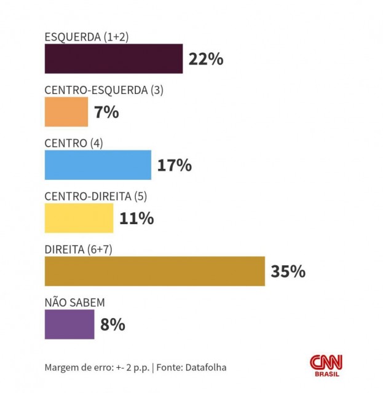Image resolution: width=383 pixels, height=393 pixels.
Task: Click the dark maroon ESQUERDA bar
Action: pyautogui.click(x=114, y=59)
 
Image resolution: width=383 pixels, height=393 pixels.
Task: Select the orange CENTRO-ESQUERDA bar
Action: pyautogui.click(x=66, y=112)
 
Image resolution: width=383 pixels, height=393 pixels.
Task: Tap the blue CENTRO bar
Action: pyautogui.click(x=98, y=165)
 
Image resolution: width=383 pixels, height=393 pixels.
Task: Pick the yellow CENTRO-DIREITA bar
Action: pyautogui.click(x=79, y=218)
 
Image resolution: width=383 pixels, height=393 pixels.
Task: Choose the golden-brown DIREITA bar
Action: pyautogui.click(x=154, y=271)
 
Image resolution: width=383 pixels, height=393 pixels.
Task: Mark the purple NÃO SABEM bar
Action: pyautogui.click(x=69, y=324)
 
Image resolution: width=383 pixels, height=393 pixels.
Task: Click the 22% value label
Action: pyautogui.click(x=206, y=60)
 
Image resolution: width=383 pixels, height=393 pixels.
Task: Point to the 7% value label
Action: pyautogui.click(x=106, y=112)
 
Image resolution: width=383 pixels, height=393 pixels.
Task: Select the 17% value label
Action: pyautogui.click(x=175, y=165)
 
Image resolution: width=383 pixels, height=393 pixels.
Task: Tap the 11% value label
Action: pyautogui.click(x=136, y=218)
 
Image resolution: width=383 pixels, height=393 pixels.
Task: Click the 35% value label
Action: pyautogui.click(x=288, y=271)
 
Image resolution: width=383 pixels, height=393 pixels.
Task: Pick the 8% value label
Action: pyautogui.click(x=113, y=324)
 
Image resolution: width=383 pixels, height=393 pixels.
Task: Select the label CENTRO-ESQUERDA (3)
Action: pyautogui.click(x=104, y=90)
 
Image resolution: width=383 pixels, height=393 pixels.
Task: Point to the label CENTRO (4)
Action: pyautogui.click(x=74, y=143)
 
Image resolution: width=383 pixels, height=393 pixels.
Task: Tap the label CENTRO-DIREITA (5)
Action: pyautogui.click(x=96, y=196)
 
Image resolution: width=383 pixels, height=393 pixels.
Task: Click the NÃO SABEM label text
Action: pyautogui.click(x=75, y=303)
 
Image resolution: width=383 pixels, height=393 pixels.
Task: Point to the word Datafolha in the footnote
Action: pyautogui.click(x=205, y=367)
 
